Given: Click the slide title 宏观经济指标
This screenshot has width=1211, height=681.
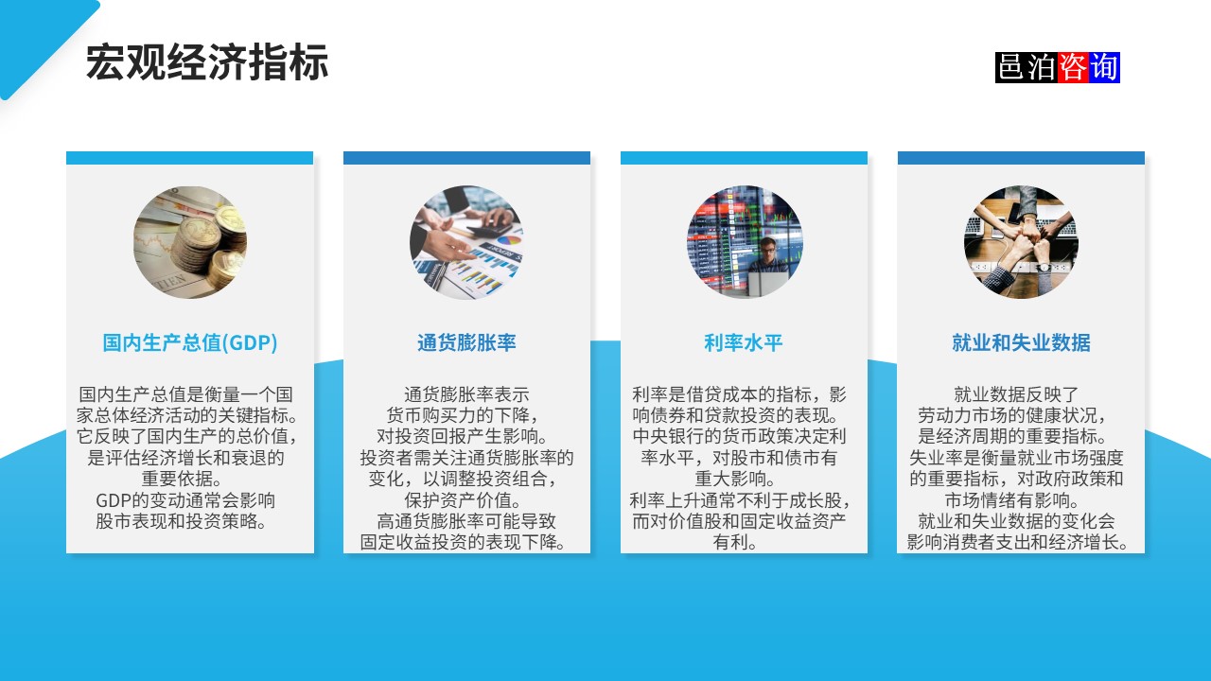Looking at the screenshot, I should tap(207, 63).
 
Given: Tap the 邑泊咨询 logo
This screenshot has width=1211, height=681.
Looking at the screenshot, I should tap(1057, 67).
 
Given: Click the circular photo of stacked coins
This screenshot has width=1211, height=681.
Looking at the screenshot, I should tap(190, 243).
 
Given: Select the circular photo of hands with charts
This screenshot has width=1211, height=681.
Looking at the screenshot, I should tap(466, 243).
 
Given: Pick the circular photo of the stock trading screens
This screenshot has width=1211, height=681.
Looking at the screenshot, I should tap(745, 243).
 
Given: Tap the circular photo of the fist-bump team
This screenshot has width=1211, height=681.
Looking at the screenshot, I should tap(1021, 243).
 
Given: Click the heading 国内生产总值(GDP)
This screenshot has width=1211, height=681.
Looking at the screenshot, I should tap(190, 342).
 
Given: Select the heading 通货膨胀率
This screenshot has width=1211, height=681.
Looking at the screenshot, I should tap(466, 342).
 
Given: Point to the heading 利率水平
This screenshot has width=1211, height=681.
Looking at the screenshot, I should tap(744, 342).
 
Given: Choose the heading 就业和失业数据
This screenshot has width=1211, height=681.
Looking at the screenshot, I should tap(1021, 342).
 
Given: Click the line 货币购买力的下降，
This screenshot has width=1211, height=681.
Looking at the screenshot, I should tap(463, 416).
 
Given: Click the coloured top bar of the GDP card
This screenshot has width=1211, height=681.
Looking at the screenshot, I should tap(190, 158).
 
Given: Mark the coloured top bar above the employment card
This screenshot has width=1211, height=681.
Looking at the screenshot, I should tap(1021, 158).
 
